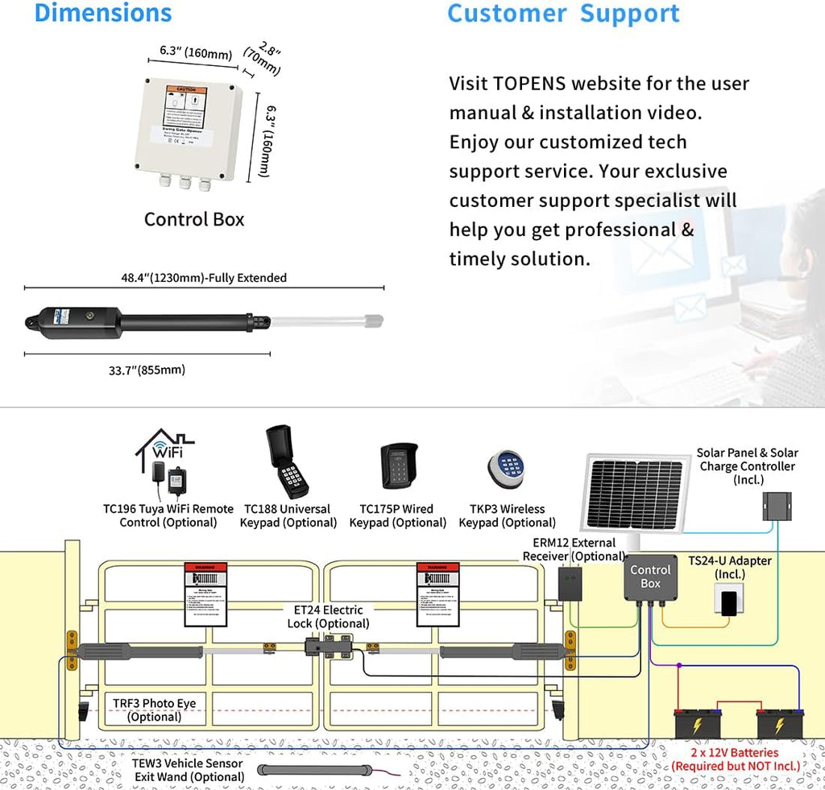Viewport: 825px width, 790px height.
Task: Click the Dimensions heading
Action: pyautogui.click(x=103, y=13)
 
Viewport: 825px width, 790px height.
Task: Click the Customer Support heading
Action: pyautogui.click(x=563, y=13)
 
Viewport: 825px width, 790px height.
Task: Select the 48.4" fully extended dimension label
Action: pyautogui.click(x=203, y=278)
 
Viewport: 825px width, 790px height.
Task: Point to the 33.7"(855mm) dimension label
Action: pyautogui.click(x=147, y=370)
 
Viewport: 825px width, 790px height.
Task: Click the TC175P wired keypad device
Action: pyautogui.click(x=398, y=466)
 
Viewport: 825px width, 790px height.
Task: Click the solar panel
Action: pyautogui.click(x=634, y=493)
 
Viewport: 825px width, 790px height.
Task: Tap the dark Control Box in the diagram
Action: pyautogui.click(x=650, y=576)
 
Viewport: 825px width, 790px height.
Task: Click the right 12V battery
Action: pyautogui.click(x=780, y=723)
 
